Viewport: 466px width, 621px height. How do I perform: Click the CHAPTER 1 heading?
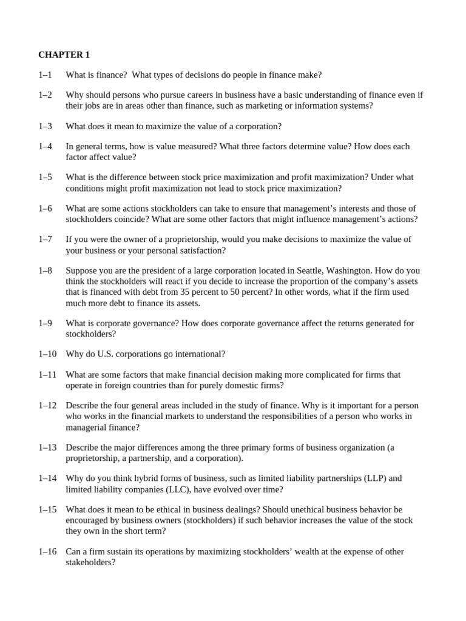(64, 55)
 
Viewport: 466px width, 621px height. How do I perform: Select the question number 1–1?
(46, 75)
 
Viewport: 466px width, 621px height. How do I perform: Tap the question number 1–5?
(46, 177)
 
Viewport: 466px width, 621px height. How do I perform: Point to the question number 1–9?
(46, 323)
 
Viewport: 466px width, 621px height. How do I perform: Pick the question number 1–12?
(48, 405)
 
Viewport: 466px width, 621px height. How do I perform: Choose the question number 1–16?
(48, 551)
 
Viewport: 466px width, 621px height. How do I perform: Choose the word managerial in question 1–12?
(86, 427)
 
